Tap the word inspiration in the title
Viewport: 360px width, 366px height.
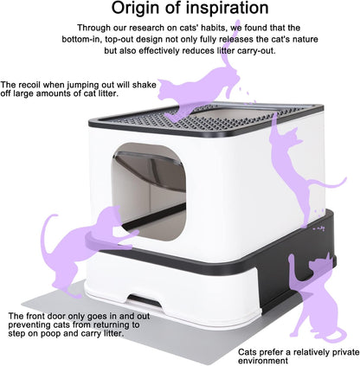pyautogui.click(x=228, y=9)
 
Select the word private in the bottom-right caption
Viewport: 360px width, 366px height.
pyautogui.click(x=346, y=352)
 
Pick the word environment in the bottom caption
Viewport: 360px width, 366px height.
pyautogui.click(x=263, y=361)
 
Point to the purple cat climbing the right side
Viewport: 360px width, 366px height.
pyautogui.click(x=297, y=170)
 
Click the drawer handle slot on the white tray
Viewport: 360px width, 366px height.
pyautogui.click(x=145, y=301)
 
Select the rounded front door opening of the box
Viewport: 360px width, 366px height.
pyautogui.click(x=149, y=192)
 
